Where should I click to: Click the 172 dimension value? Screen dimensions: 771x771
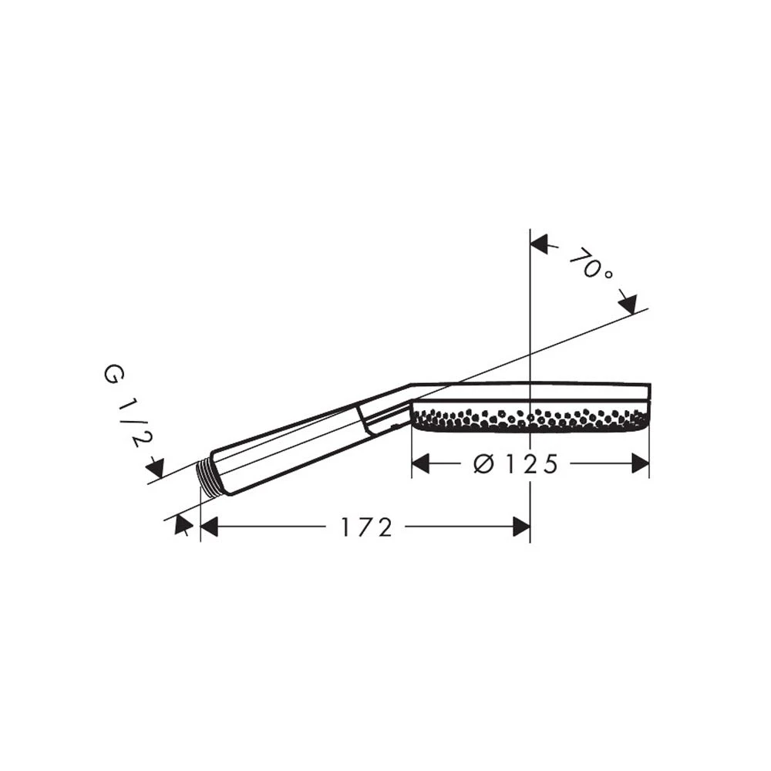367,527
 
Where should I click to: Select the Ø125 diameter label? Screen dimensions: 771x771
516,464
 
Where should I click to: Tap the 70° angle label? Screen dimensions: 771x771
591,264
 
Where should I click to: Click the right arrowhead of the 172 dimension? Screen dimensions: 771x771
521,527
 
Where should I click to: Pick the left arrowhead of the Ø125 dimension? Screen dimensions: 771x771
420,463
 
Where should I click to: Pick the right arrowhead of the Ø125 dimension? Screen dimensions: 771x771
640,463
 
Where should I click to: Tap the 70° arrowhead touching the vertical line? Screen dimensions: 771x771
540,244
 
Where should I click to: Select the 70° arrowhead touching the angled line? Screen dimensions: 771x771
628,304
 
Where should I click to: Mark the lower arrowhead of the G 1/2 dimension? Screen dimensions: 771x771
183,524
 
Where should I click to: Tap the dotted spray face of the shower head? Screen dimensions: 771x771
530,419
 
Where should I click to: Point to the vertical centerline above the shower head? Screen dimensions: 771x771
530,308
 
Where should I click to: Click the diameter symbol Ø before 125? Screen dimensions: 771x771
483,464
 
